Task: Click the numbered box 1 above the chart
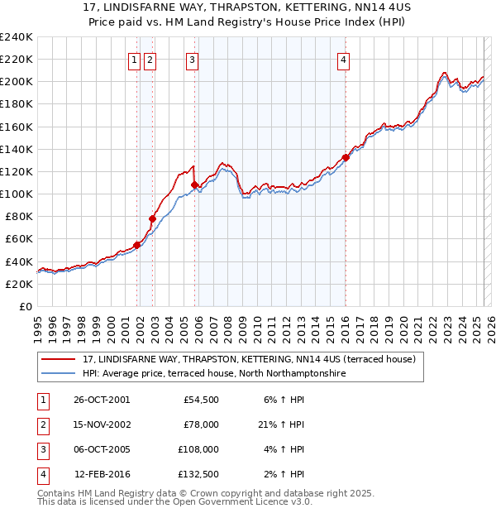tap(134, 59)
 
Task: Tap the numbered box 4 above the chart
tap(342, 59)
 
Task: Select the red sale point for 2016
tap(346, 157)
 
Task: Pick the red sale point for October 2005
tap(194, 185)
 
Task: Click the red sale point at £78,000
tap(152, 218)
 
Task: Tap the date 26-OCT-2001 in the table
tap(102, 400)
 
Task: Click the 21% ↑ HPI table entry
tap(281, 424)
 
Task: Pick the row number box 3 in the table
tap(41, 449)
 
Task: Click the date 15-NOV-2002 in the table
tap(102, 424)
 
